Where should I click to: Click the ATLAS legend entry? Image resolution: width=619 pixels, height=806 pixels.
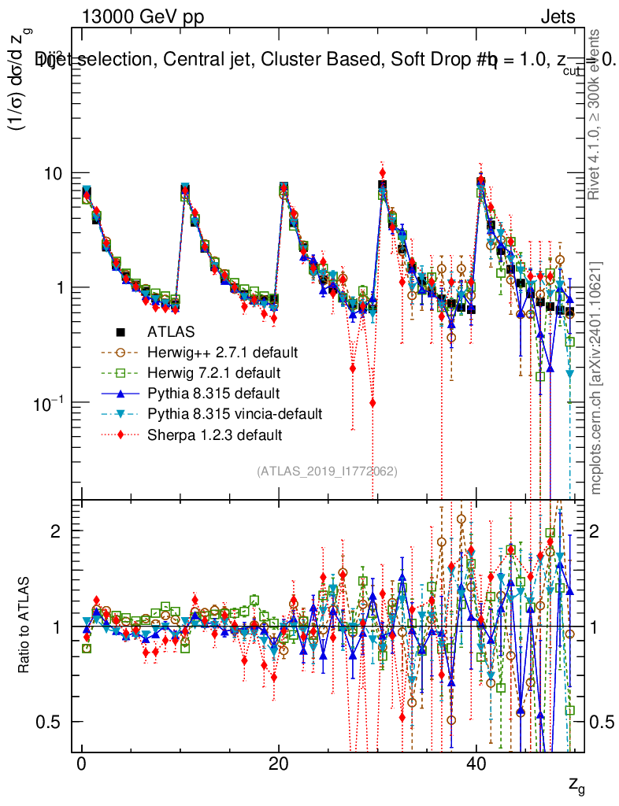[170, 331]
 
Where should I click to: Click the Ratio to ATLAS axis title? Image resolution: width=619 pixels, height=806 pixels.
[26, 626]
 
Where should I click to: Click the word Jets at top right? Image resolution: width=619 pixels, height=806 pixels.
[558, 17]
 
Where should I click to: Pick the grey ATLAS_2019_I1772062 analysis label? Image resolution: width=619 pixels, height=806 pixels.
[327, 471]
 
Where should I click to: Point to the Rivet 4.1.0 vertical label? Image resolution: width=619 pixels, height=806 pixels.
[597, 114]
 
